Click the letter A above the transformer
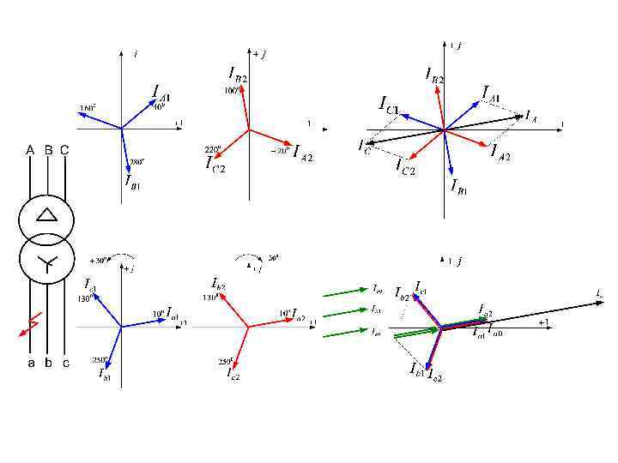30,149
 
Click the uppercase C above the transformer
64,149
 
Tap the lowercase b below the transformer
48,363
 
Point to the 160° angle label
88,108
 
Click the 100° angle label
232,90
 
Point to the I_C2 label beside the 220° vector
215,162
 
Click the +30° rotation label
98,259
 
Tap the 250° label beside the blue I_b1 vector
98,360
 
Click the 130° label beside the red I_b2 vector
209,298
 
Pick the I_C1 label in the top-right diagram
389,104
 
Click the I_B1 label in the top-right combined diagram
458,185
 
